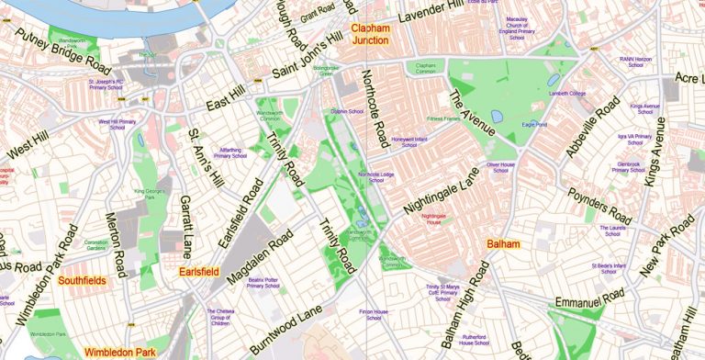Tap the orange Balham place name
(x=503, y=244)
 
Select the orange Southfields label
(x=81, y=280)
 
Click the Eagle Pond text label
(x=534, y=123)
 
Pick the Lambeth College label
(x=566, y=94)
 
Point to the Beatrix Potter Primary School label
(x=263, y=282)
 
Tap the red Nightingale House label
(x=434, y=219)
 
